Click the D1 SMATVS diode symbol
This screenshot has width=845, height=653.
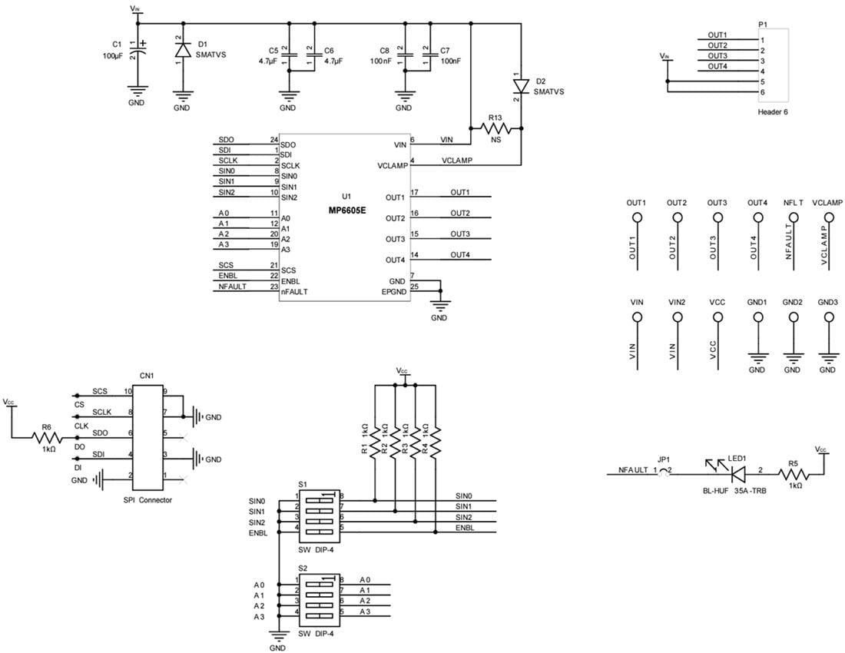(182, 51)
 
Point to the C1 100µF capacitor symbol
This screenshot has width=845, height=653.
(138, 51)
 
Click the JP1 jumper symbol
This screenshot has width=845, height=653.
(664, 470)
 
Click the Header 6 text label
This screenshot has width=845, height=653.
(773, 112)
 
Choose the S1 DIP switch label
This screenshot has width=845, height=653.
(303, 486)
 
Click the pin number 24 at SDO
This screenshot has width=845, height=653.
(273, 141)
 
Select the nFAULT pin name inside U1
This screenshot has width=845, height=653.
(295, 291)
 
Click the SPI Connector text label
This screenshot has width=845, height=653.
(147, 500)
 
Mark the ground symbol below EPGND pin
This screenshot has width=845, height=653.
(439, 305)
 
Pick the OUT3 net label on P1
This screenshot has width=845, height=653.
(717, 56)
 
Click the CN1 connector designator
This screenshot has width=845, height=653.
(147, 376)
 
